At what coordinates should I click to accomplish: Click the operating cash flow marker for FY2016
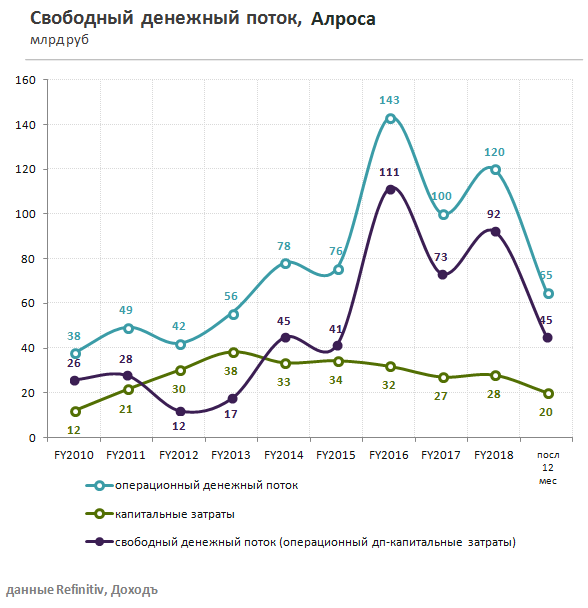(x=390, y=118)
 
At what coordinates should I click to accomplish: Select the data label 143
(x=390, y=100)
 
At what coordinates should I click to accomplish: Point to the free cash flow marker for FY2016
(x=390, y=189)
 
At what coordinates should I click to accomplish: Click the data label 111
(x=390, y=172)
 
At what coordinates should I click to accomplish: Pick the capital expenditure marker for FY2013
(x=233, y=352)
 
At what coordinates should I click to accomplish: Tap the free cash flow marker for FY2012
(x=181, y=411)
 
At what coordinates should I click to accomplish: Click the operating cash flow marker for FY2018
(x=495, y=169)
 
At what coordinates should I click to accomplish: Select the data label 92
(x=495, y=213)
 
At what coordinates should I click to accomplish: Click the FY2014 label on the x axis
(x=285, y=455)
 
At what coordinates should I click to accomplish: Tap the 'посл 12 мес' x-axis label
(x=548, y=465)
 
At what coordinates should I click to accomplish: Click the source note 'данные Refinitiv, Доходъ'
(x=81, y=588)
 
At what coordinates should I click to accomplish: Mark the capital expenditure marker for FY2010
(x=76, y=411)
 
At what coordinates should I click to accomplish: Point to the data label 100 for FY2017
(x=441, y=196)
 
